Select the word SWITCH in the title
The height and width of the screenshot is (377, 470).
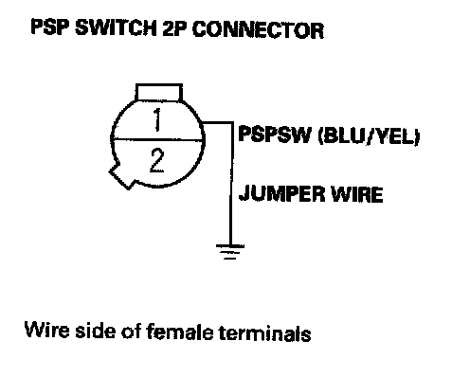coord(116,28)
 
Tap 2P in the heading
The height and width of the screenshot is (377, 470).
coord(174,29)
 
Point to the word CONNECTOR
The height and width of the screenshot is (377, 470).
coord(258,30)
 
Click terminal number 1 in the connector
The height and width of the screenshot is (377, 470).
coord(157,119)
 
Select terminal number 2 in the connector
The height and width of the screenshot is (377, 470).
coord(156,161)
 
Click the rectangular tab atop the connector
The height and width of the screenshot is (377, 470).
coord(159,92)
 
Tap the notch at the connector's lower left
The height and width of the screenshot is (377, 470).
coord(121,176)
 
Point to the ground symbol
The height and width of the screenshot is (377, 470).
coord(230,252)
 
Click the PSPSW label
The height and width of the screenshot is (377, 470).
coord(275,135)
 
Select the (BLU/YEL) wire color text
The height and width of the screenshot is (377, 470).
coord(370,136)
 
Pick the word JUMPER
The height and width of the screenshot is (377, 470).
coord(281,193)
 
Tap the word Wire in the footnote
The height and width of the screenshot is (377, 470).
coord(46,330)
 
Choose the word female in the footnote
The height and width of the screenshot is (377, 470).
coord(179,332)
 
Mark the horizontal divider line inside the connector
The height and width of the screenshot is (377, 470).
coord(157,139)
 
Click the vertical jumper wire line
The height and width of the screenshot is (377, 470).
coord(231,183)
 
